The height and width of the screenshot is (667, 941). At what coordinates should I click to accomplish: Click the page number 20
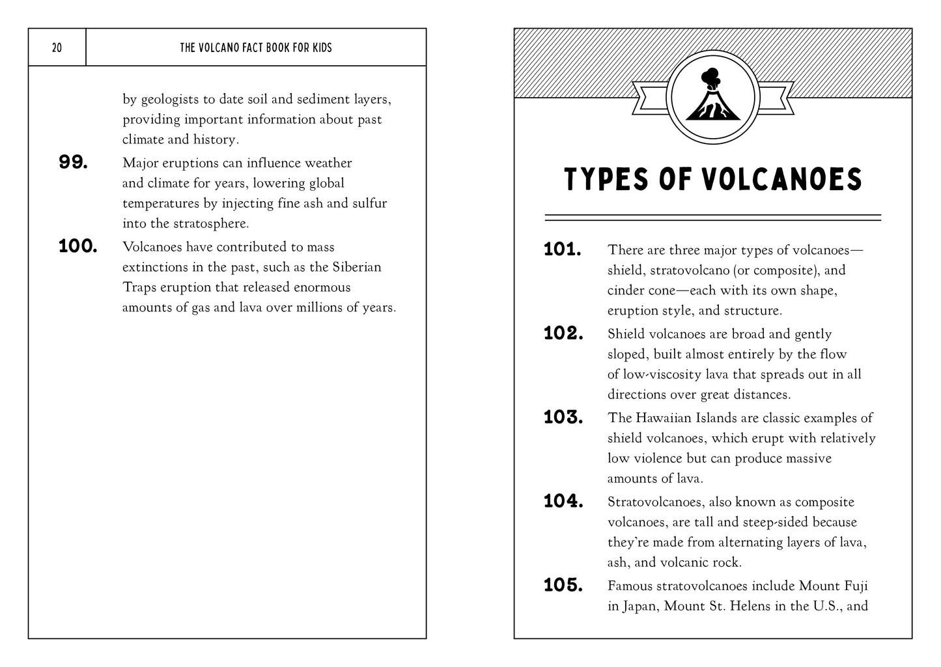[57, 48]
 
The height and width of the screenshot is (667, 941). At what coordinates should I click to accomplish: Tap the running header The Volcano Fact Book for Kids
[255, 48]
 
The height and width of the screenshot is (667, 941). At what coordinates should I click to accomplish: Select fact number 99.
[73, 163]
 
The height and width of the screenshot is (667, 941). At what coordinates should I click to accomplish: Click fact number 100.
[77, 247]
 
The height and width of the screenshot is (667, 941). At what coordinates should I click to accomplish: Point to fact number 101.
[562, 250]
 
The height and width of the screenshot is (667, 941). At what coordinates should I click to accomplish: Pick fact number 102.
[563, 334]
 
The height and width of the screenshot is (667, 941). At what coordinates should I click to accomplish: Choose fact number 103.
[563, 418]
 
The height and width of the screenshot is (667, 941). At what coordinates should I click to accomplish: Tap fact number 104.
[563, 502]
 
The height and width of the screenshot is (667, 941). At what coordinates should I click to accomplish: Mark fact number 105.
[563, 586]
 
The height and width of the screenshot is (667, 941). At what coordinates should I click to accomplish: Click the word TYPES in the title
[607, 180]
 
